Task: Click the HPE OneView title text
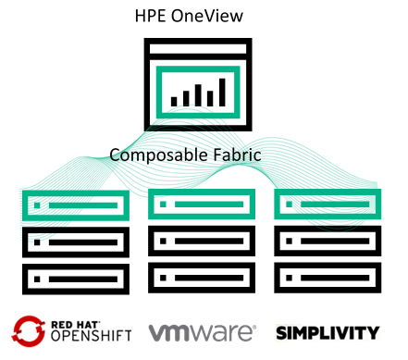[196, 16]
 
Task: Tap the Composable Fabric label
[186, 155]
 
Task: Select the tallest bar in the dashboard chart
[221, 91]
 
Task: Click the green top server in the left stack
[73, 203]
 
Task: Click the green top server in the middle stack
[201, 203]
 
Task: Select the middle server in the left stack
[73, 241]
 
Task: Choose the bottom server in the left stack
[73, 278]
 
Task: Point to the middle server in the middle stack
[201, 241]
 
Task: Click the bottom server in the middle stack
[201, 278]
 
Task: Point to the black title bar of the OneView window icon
[197, 49]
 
